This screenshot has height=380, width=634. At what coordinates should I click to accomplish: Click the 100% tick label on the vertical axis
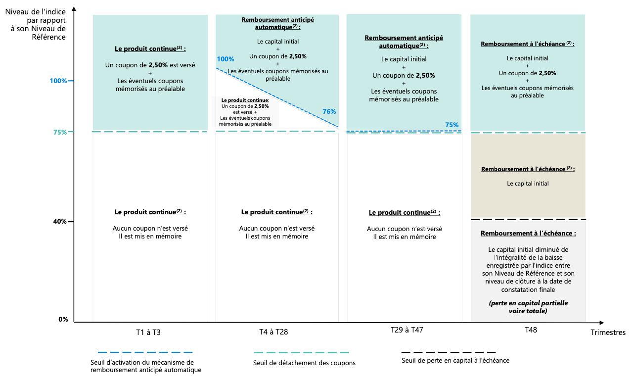pyautogui.click(x=58, y=81)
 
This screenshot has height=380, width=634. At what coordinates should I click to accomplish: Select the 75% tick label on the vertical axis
pyautogui.click(x=60, y=132)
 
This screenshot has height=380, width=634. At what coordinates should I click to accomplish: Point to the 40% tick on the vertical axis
pyautogui.click(x=60, y=222)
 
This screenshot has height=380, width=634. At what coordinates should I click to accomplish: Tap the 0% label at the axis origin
pyautogui.click(x=63, y=319)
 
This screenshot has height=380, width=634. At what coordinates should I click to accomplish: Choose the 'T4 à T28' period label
pyautogui.click(x=273, y=332)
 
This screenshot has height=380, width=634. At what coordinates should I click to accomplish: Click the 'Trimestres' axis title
pyautogui.click(x=608, y=332)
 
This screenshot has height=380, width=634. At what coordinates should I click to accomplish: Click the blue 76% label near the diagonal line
pyautogui.click(x=329, y=111)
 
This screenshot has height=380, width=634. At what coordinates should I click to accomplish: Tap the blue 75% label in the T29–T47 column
pyautogui.click(x=452, y=125)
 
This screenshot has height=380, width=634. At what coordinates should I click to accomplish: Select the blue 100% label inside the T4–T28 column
pyautogui.click(x=225, y=59)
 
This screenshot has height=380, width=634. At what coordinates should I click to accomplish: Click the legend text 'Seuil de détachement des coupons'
pyautogui.click(x=304, y=363)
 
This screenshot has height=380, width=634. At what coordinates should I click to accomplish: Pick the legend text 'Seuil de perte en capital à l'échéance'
pyautogui.click(x=455, y=360)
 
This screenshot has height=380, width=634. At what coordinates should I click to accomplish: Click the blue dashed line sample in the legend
pyautogui.click(x=145, y=352)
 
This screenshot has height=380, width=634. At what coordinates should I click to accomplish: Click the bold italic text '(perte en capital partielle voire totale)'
pyautogui.click(x=528, y=307)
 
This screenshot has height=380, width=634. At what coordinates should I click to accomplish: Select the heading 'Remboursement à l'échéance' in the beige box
pyautogui.click(x=528, y=169)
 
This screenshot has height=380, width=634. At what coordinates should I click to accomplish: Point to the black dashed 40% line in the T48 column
pyautogui.click(x=528, y=219)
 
